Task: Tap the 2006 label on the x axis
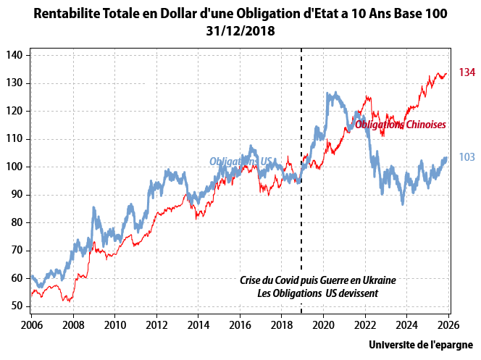pos(32,325)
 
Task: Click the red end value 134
pos(467,72)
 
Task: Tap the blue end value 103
pos(467,157)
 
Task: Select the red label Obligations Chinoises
pos(400,125)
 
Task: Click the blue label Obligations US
pos(240,161)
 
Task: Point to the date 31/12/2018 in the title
pos(240,32)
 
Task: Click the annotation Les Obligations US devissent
pos(317,293)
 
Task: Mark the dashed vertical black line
pos(301,181)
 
